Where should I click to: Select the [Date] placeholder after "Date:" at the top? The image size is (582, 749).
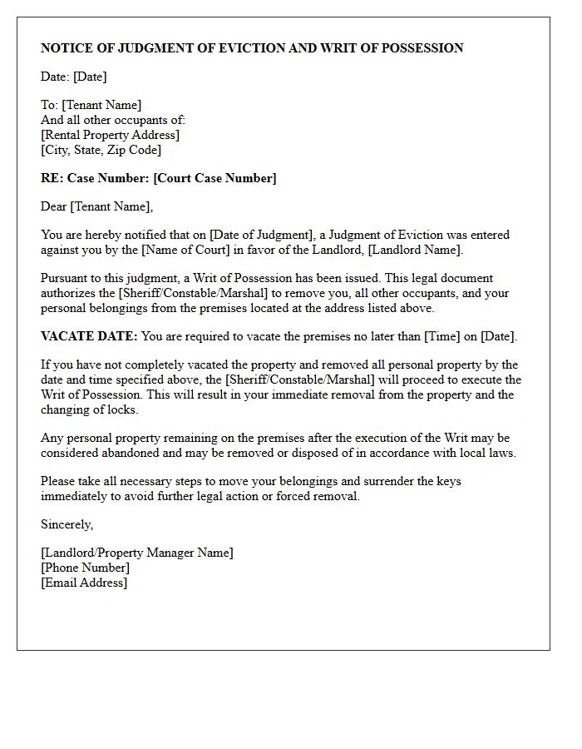[x=90, y=77]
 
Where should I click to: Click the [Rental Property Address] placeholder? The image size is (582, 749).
[x=110, y=135]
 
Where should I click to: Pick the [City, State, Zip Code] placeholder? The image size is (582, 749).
[x=101, y=150]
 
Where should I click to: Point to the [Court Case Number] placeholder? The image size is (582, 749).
[x=216, y=178]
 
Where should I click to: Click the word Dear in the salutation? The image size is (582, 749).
[x=54, y=206]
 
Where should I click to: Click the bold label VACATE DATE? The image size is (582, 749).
[x=89, y=336]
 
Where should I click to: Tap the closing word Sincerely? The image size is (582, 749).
[x=67, y=524]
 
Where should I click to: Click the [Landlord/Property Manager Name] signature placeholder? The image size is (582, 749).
[x=136, y=553]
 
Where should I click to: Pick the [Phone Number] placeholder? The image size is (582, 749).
[x=85, y=568]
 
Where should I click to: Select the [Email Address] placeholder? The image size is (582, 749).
[x=84, y=583]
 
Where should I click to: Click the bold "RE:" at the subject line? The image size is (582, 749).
[x=52, y=178]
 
